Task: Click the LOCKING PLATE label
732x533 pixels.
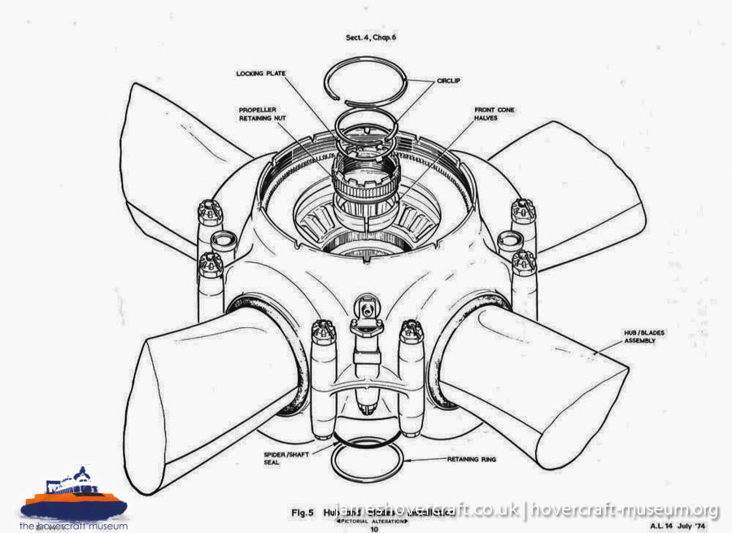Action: [x=259, y=73]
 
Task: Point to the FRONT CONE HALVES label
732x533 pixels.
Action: [x=495, y=114]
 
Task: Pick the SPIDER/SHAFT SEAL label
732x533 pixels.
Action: [x=281, y=458]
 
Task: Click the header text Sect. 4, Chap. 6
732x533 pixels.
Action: [x=373, y=37]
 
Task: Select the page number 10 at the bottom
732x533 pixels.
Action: [x=374, y=528]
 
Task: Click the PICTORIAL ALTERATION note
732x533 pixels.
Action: [x=374, y=521]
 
